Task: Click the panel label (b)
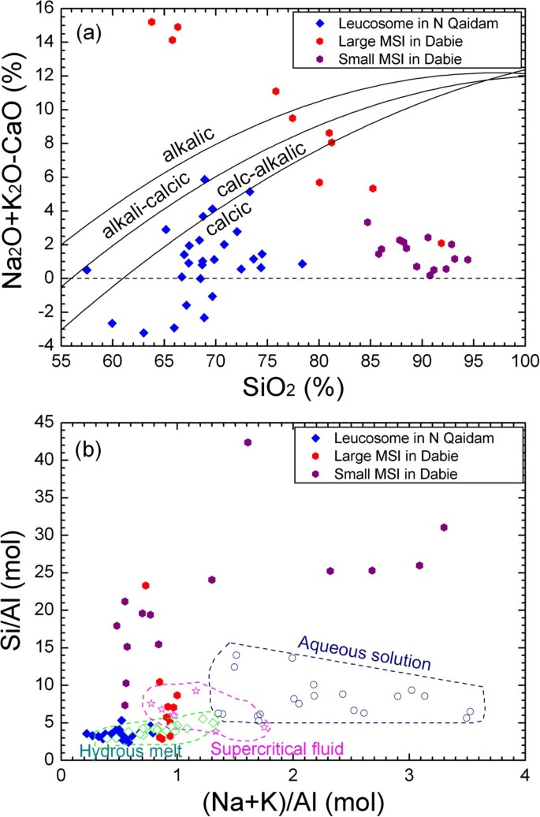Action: [94, 453]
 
